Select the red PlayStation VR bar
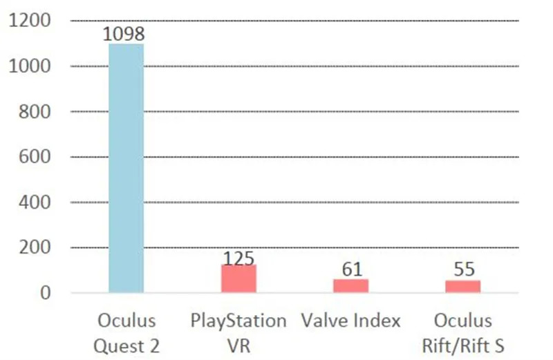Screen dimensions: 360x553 tap(238, 278)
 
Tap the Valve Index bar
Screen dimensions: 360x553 tap(350, 285)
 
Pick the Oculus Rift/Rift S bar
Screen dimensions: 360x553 tap(462, 286)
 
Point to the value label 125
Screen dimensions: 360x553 tap(238, 258)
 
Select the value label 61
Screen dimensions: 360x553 tap(352, 269)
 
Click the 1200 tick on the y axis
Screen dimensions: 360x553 tap(30, 21)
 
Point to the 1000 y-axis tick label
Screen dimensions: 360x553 tap(30, 66)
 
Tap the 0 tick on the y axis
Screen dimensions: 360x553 tap(46, 293)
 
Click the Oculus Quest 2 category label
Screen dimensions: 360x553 tap(126, 333)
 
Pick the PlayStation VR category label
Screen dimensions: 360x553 tap(238, 333)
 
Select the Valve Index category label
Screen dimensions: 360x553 tap(350, 321)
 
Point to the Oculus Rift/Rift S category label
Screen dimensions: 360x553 tap(462, 333)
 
